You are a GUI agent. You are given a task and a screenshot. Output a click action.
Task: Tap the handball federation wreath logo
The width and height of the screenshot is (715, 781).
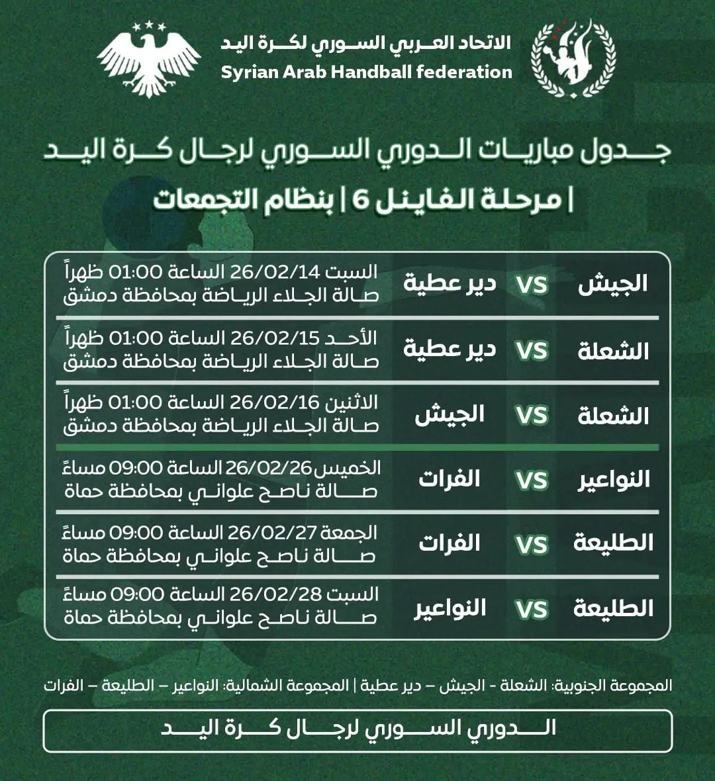(573, 58)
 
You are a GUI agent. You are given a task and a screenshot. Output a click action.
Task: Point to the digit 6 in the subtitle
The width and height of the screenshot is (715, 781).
(359, 199)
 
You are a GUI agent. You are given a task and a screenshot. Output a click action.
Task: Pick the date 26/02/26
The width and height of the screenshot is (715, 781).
(268, 468)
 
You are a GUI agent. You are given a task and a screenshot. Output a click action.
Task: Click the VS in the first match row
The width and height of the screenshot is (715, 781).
(532, 285)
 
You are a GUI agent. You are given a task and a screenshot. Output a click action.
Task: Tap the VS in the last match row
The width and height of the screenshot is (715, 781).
(532, 610)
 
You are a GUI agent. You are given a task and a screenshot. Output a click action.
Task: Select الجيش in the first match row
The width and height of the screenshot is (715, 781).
(612, 285)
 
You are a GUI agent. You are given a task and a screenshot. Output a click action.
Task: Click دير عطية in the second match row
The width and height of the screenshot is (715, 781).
(450, 349)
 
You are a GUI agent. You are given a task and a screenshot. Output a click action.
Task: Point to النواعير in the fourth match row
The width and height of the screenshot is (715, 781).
(614, 480)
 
